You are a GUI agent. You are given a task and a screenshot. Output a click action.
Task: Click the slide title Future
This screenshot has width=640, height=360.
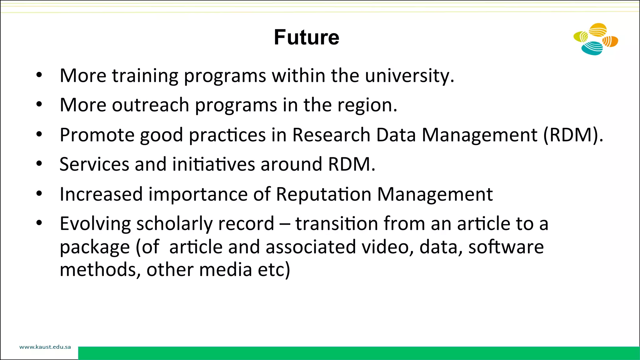307,37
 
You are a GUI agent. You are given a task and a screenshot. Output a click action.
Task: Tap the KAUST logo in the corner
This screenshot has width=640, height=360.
596,39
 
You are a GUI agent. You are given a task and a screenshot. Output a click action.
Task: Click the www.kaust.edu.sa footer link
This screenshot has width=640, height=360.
45,347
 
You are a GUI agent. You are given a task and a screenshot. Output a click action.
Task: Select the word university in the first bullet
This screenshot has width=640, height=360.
409,76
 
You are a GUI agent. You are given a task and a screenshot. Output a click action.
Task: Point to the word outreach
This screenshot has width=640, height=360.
150,105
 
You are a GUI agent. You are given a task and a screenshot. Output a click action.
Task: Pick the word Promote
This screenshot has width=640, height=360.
97,135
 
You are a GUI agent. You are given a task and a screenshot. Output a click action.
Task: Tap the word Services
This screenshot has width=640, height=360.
94,164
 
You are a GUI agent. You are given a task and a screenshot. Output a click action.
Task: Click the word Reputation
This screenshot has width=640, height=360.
323,194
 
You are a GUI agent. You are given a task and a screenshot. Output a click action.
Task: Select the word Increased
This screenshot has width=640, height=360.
101,194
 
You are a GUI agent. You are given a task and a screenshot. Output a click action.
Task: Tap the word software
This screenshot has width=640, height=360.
506,247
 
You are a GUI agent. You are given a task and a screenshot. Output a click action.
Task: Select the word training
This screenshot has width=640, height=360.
145,76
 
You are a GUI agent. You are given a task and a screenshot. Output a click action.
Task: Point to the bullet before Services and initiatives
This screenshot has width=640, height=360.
39,164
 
